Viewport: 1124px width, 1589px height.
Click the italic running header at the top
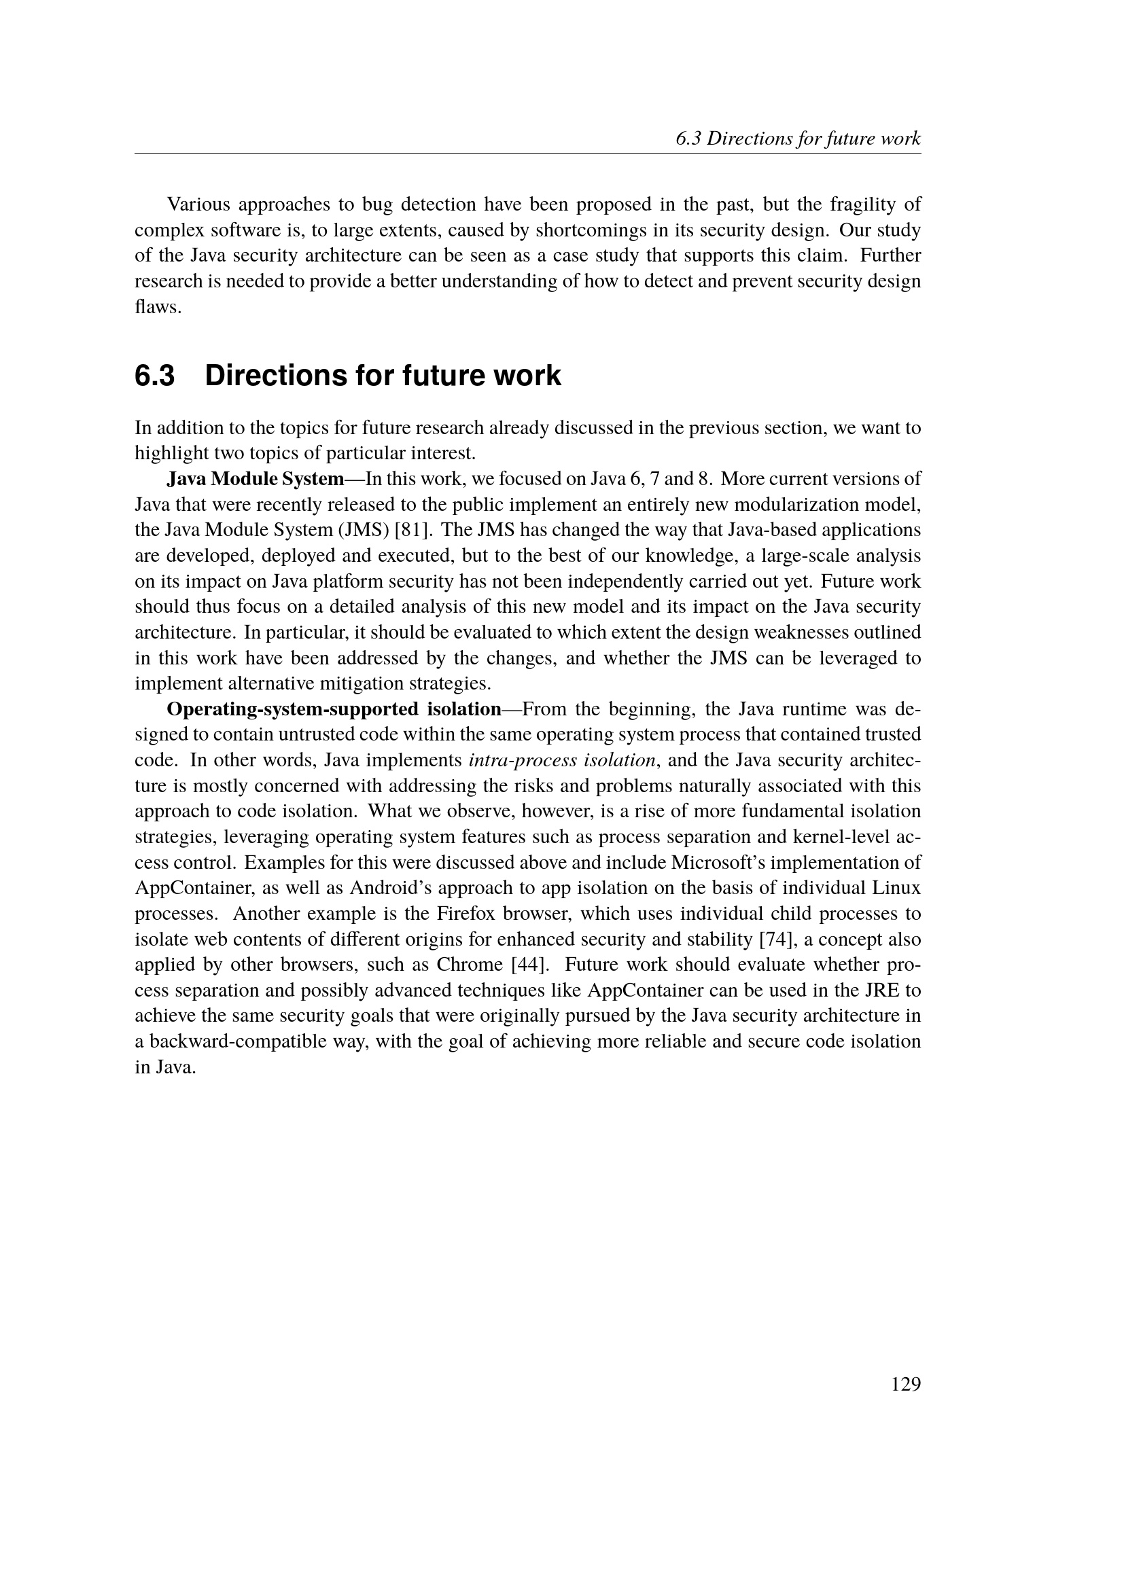tap(798, 139)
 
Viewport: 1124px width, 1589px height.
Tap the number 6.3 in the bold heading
tap(154, 376)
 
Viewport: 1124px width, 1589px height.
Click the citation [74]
tap(778, 940)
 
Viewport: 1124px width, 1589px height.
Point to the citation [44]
tap(529, 965)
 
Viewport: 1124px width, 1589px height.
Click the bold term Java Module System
tap(256, 479)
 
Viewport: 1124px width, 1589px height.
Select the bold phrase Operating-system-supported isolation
tap(334, 709)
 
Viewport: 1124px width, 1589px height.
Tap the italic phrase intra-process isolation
tap(563, 761)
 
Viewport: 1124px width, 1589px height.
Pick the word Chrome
tap(470, 965)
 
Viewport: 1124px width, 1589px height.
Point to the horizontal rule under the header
tap(527, 154)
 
